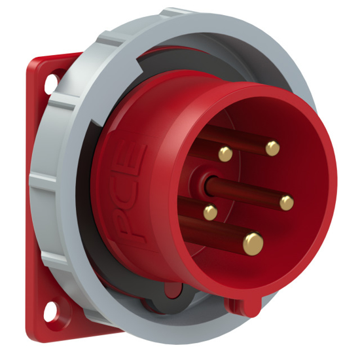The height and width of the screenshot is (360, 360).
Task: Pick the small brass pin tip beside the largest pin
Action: coord(210,212)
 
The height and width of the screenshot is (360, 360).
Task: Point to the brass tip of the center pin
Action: coord(287,203)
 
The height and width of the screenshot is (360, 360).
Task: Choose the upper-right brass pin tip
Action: coord(272,149)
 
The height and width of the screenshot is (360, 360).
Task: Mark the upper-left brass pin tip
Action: coord(225,154)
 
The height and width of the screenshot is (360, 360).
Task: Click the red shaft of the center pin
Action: coord(245,193)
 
